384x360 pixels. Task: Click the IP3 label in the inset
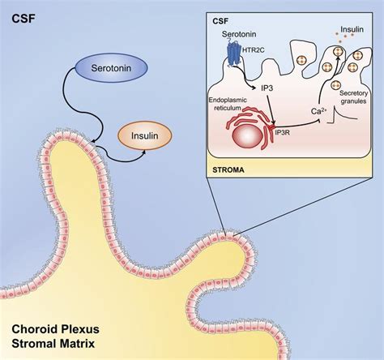pyautogui.click(x=262, y=87)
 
